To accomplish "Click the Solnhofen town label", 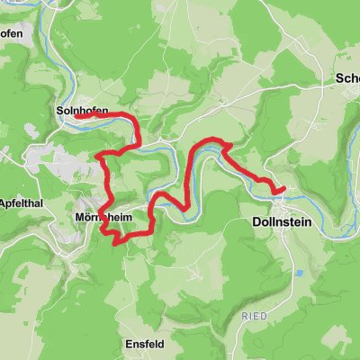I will (x=82, y=111).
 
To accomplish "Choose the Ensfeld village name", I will (x=144, y=343).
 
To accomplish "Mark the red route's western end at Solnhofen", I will (x=76, y=116).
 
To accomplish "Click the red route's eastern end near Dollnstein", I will (x=283, y=188).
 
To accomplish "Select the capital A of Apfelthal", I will (x=4, y=202).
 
